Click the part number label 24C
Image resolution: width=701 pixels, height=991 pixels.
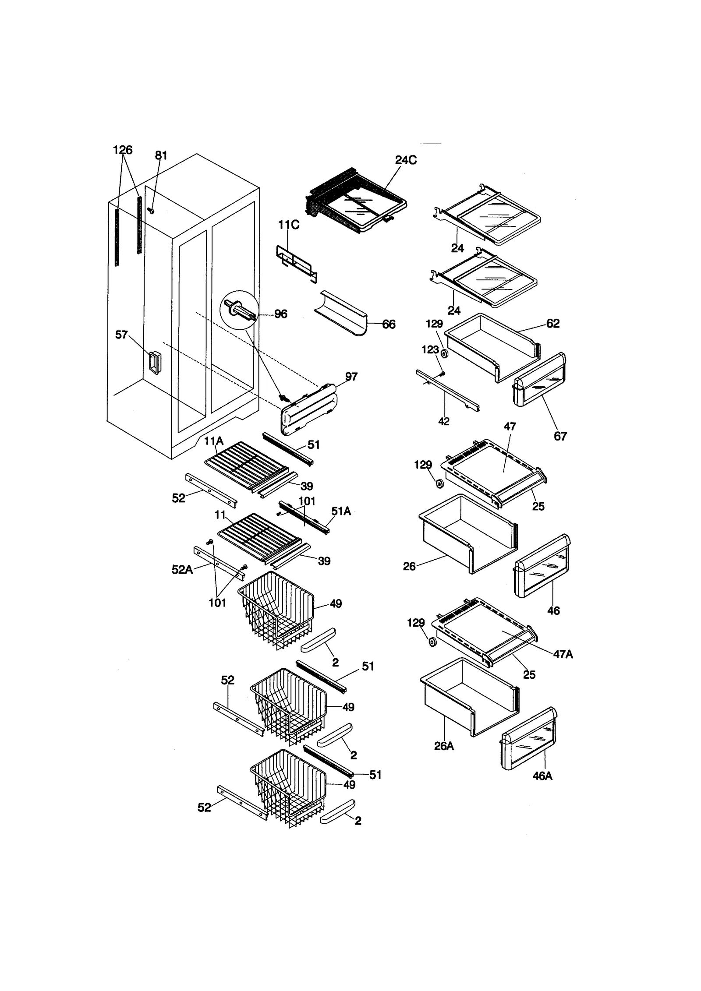coord(406,160)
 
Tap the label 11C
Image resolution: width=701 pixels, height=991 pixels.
coord(289,225)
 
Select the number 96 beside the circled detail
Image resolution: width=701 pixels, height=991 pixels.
coord(280,314)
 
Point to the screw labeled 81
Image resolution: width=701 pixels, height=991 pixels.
coord(152,211)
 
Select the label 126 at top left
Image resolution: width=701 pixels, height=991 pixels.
coord(122,150)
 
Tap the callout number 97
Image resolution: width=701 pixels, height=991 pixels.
coord(351,377)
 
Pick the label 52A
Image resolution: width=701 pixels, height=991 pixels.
coord(182,569)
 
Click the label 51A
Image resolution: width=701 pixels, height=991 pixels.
coord(341,511)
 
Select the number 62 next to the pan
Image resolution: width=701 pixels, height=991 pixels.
coord(553,323)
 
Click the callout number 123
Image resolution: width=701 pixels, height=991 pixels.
coord(430,349)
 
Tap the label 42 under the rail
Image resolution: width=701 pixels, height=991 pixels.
coord(443,421)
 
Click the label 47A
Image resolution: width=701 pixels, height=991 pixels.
coord(563,654)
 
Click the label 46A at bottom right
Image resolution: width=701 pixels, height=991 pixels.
coord(542,776)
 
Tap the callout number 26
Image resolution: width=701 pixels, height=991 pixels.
coord(409,566)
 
